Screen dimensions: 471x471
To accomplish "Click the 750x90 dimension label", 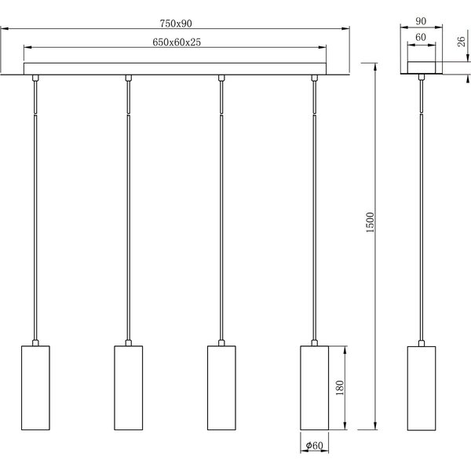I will tap(176, 23).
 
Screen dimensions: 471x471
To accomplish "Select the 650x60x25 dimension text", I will tap(176, 43).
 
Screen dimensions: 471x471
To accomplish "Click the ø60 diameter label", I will tap(315, 447).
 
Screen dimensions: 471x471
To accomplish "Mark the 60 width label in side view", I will tap(422, 37).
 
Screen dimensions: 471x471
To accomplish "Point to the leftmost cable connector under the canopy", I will tap(35, 78).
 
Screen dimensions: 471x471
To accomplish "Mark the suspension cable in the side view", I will tap(422, 212).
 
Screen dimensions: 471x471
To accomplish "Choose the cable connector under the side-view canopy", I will tap(422, 78).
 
